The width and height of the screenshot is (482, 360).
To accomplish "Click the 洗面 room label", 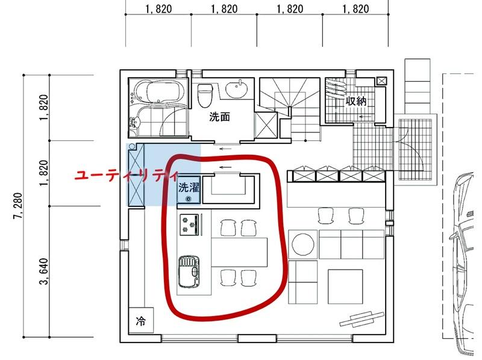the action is tap(219, 117).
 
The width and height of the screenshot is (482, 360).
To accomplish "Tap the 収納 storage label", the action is tap(356, 101).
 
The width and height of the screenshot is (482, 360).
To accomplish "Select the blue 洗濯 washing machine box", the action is tap(189, 190).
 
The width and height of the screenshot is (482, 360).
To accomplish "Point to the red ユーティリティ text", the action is tap(127, 176).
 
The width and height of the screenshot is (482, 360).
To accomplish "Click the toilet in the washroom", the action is tap(203, 95).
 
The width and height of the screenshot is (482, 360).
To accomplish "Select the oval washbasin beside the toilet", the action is tap(237, 88).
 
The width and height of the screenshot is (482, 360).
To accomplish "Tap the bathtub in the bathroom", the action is tap(158, 92).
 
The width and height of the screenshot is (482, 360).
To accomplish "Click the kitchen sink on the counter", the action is tap(189, 272).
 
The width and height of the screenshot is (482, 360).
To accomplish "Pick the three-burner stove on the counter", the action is tap(189, 225).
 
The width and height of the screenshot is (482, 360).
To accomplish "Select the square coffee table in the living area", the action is tap(345, 287).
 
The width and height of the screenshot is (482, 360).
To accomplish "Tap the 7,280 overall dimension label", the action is tap(17, 206).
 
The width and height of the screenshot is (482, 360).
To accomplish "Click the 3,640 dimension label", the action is tap(44, 272).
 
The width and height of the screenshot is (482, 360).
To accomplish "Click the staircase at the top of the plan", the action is tap(289, 109).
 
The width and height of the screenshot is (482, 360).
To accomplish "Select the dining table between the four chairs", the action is tap(239, 252).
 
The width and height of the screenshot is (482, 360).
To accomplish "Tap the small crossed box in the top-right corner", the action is tap(381, 81).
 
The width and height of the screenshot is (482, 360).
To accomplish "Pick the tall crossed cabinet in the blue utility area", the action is tap(136, 175).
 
